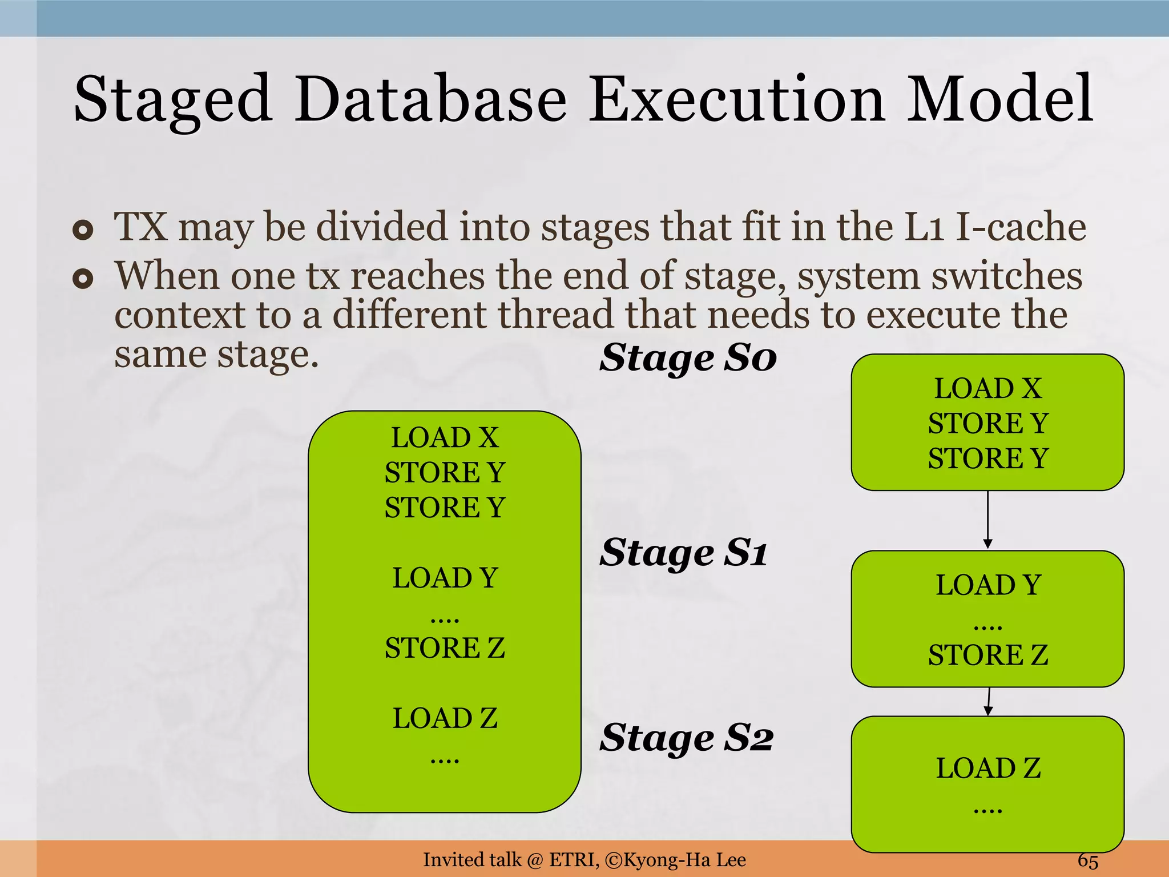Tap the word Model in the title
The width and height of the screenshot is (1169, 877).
tap(999, 100)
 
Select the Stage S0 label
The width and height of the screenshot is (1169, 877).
tap(688, 359)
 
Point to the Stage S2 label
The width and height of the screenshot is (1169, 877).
tap(686, 738)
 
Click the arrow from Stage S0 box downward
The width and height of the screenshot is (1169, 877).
tap(987, 520)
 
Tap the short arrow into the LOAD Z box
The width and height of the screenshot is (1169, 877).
tap(989, 702)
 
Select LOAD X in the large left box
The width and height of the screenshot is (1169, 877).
tap(445, 438)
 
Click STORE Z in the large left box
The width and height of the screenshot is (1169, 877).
tap(445, 648)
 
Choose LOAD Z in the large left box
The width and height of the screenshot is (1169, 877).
tap(445, 718)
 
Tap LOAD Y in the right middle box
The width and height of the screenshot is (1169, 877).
tap(988, 585)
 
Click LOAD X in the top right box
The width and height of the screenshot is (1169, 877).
tap(988, 389)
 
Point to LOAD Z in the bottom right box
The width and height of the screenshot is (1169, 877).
tap(988, 768)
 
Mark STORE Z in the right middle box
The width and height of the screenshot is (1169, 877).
tap(988, 655)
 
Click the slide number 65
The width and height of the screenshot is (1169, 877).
tap(1087, 860)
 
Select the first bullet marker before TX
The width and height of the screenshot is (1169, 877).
tap(83, 230)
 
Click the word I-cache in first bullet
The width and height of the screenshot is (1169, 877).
tap(1021, 227)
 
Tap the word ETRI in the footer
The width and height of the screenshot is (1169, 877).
tap(573, 860)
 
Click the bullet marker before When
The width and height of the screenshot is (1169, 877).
tap(83, 279)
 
